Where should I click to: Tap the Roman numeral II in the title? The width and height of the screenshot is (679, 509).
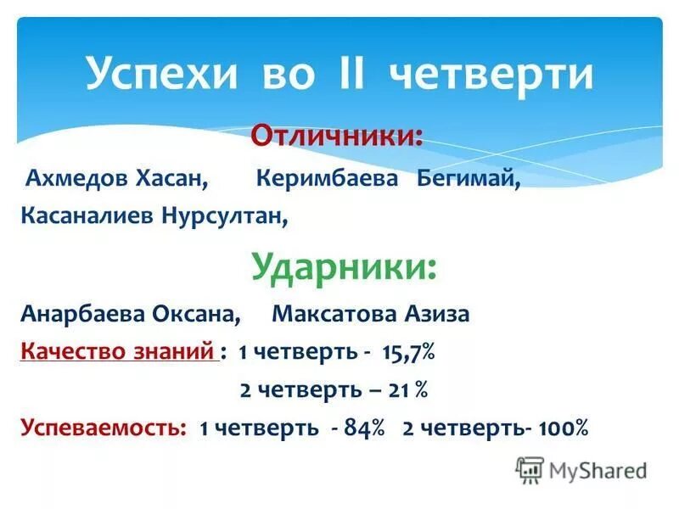347,75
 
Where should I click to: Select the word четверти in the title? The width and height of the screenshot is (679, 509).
491,75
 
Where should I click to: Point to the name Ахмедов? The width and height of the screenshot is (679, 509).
76,180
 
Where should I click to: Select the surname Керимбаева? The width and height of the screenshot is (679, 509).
327,180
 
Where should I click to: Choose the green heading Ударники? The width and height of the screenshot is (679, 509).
345,267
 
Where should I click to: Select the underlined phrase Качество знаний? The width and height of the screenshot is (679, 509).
118,351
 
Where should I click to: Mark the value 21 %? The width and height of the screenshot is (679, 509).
409,389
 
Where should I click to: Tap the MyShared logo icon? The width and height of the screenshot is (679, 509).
530,470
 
